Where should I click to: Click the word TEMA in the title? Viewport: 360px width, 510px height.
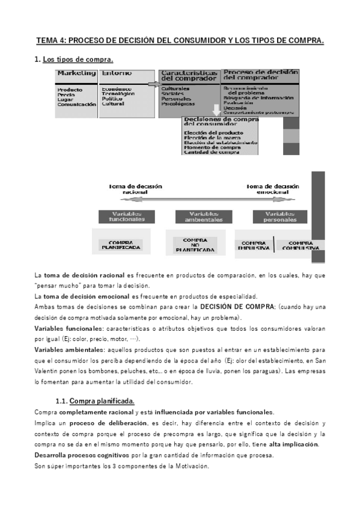click(x=47, y=41)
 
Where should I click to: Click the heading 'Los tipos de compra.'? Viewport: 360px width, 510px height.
click(x=78, y=60)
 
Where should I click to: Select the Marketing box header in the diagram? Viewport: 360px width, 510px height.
click(x=76, y=73)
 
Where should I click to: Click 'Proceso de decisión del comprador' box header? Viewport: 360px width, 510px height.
click(x=260, y=75)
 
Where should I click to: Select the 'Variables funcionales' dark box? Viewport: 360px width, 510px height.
click(x=127, y=217)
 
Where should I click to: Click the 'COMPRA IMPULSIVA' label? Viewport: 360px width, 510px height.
click(x=254, y=245)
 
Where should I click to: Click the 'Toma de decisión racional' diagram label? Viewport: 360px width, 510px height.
click(x=135, y=189)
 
